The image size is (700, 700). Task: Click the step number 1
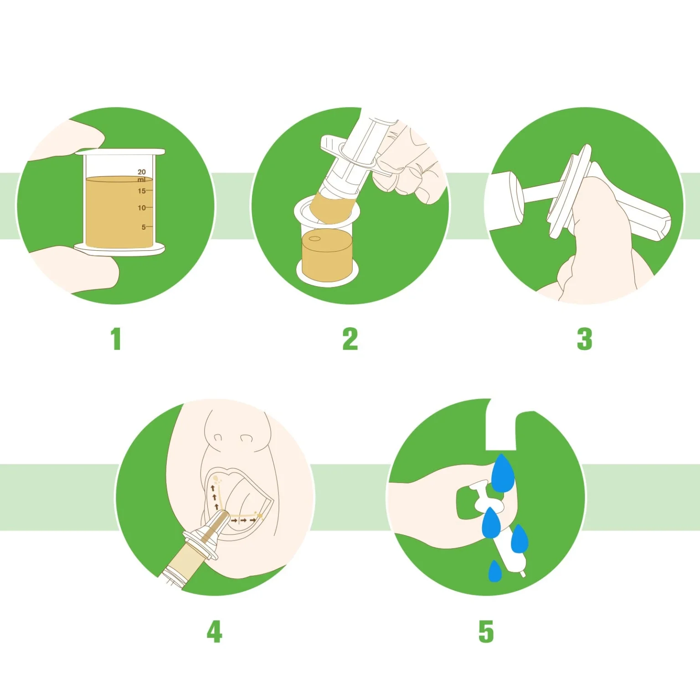tap(116, 339)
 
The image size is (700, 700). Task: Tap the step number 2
tap(350, 339)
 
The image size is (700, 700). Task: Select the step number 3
tap(584, 339)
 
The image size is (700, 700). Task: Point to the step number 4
tap(214, 631)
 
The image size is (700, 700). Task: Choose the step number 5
tap(486, 631)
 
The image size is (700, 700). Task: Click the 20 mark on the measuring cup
tap(142, 172)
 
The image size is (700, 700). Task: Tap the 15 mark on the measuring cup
tap(142, 191)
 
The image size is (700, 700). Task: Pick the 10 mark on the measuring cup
tap(142, 208)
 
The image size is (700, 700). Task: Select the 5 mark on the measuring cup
tap(144, 227)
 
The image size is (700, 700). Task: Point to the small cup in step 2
tap(327, 246)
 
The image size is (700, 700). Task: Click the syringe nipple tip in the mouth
tap(221, 520)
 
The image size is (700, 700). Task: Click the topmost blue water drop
tap(503, 474)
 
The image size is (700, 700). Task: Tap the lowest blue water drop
tap(495, 572)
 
